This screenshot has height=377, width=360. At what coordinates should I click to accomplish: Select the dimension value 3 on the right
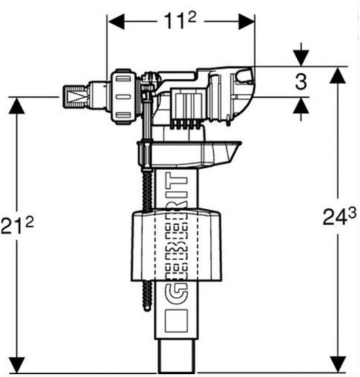coord(301,82)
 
